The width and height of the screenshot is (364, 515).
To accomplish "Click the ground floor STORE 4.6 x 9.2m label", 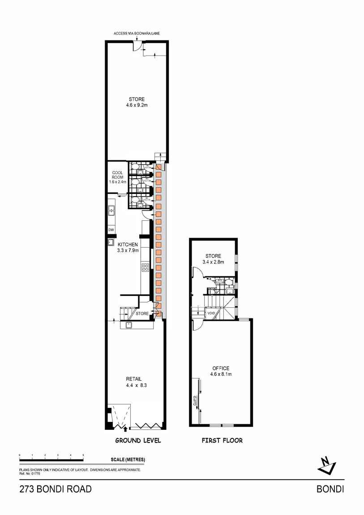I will pyautogui.click(x=137, y=103).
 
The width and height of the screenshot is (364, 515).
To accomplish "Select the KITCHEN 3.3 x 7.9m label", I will pyautogui.click(x=128, y=248).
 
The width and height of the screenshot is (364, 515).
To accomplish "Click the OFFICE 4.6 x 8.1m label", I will pyautogui.click(x=221, y=371).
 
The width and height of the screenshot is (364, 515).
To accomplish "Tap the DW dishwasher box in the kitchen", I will pyautogui.click(x=111, y=230).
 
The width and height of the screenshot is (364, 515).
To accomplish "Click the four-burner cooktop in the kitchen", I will pyautogui.click(x=145, y=268).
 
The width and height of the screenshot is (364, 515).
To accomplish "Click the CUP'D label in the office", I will pyautogui.click(x=195, y=401).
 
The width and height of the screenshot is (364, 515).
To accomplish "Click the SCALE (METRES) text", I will pyautogui.click(x=128, y=460).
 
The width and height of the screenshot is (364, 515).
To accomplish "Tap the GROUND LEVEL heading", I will pyautogui.click(x=138, y=441).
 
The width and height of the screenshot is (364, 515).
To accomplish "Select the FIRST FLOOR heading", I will pyautogui.click(x=222, y=441).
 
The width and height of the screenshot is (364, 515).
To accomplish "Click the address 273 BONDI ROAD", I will pyautogui.click(x=56, y=489).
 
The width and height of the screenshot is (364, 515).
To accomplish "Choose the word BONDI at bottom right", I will pyautogui.click(x=330, y=489).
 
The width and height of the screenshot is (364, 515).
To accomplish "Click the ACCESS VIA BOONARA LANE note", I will pyautogui.click(x=137, y=34).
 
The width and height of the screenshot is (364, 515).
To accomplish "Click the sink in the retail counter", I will pyautogui.click(x=128, y=326).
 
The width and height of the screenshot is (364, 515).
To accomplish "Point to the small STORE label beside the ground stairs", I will pyautogui.click(x=142, y=314).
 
